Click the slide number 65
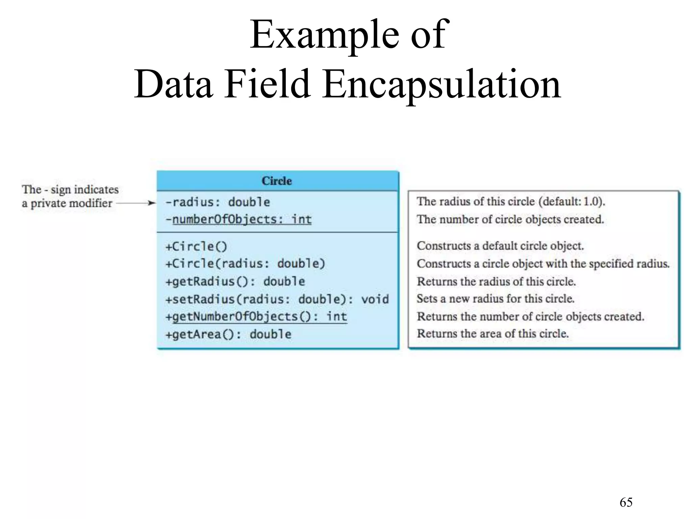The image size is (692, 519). point(626,502)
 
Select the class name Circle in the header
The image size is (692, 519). point(277,181)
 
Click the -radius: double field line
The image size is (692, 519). point(218,202)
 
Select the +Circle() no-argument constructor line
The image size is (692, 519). point(196,246)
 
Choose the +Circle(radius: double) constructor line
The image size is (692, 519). point(245,264)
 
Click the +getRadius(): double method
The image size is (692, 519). point(235,281)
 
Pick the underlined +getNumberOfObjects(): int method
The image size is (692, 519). point(256,317)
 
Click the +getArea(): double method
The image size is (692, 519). point(228,334)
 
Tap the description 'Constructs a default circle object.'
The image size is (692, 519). point(500,246)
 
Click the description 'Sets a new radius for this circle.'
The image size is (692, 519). point(495,299)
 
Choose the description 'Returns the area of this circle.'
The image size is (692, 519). point(493,334)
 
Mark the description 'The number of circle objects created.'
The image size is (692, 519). point(510,220)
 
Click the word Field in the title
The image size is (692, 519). point(267,84)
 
